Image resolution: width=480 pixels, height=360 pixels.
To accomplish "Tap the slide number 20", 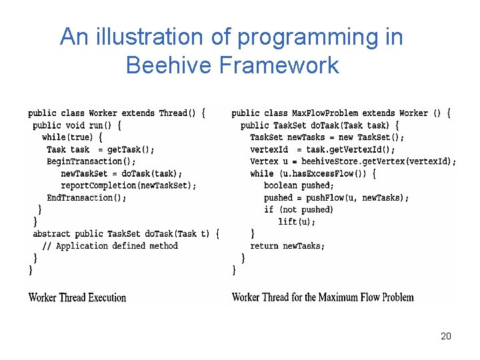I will point(446,336).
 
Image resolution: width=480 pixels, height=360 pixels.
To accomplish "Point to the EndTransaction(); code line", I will point(87,197).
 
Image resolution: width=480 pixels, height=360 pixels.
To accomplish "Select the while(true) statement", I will point(72,137).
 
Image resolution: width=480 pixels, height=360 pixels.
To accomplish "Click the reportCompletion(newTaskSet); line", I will point(129,185).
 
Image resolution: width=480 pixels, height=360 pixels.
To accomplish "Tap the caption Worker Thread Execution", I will point(77,297).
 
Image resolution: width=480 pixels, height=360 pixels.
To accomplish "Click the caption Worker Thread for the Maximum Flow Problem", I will point(323,297).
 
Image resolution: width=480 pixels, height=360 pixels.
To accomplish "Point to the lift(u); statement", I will point(297,221).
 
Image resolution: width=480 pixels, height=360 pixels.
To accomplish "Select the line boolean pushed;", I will point(299,185).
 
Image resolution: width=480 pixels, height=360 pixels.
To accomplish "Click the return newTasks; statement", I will point(287,246).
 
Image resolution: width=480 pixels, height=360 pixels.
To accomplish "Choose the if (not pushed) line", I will point(298,209).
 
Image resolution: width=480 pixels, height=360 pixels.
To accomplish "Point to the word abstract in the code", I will point(51,234).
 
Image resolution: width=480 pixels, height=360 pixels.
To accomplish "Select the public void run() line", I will point(77,125).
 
